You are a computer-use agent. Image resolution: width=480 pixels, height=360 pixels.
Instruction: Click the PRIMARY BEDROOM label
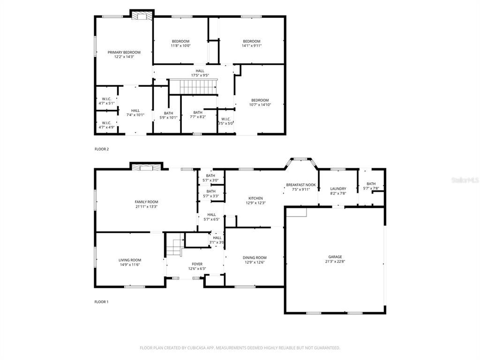coord(124,52)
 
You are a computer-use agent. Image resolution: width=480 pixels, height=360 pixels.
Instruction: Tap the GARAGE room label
coord(335,256)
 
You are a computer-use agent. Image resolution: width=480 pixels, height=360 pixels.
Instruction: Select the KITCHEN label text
coord(255,198)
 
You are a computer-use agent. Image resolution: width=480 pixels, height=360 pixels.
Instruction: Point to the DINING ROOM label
coord(255,257)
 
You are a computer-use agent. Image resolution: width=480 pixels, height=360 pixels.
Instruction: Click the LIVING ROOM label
coord(129,260)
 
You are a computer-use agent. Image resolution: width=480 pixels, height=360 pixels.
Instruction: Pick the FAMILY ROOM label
coord(146,202)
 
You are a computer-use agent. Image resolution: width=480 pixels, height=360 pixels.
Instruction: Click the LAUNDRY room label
coord(338,188)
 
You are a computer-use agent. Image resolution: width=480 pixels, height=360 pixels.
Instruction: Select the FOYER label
coord(197,264)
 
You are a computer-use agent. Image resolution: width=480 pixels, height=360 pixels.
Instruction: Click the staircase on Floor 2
coord(193,87)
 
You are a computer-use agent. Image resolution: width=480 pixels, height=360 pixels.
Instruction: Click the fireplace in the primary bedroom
coord(141,16)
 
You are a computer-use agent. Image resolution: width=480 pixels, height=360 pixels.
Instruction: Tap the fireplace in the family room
coord(146,167)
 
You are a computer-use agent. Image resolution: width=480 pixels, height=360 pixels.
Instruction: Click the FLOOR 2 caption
coord(101,149)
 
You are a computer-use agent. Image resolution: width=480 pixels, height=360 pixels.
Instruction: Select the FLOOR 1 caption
coord(101,302)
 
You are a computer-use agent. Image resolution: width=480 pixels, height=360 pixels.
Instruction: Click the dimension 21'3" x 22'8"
coord(335,262)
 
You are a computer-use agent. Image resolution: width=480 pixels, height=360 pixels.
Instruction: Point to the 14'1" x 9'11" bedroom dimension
coord(251,46)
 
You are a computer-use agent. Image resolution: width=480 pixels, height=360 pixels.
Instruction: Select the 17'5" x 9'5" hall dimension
coord(200,75)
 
